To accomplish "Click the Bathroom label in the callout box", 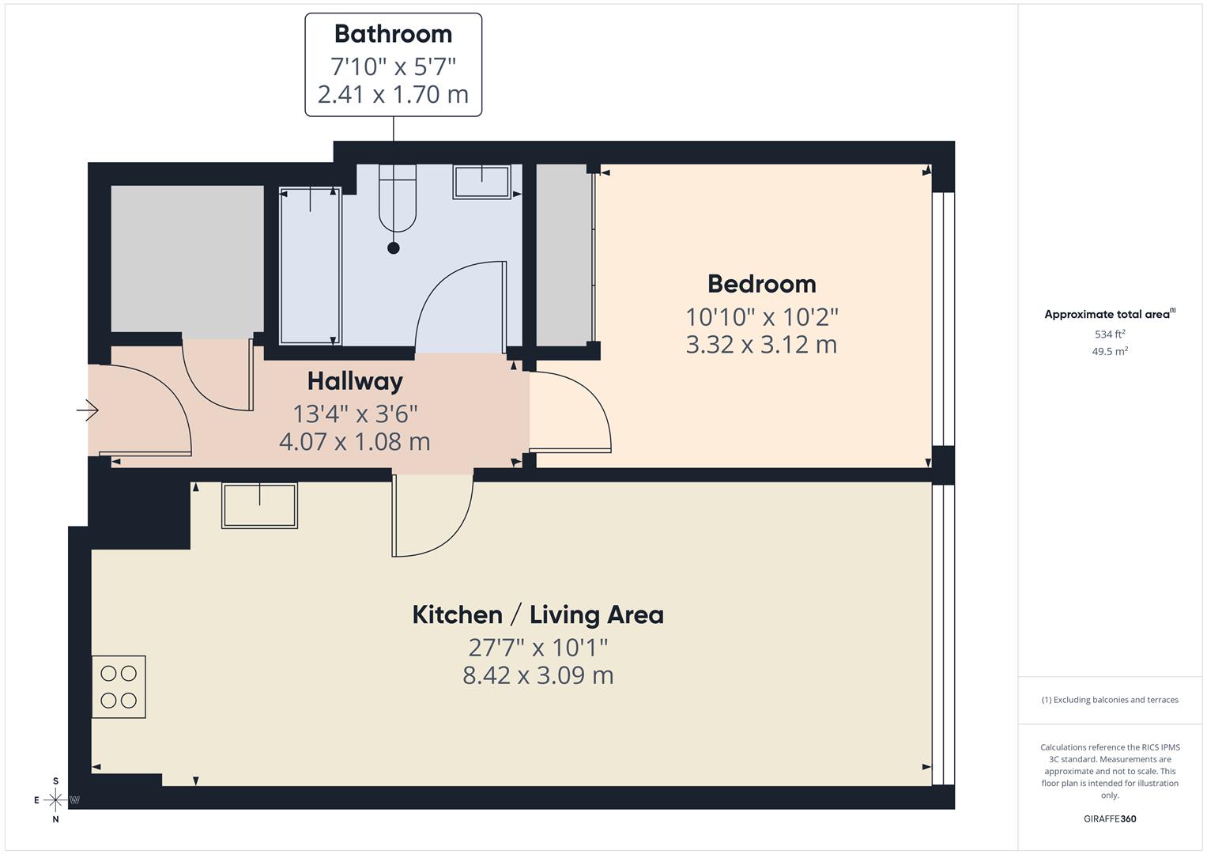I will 393,34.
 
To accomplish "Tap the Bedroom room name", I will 761,284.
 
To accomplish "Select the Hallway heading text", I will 355,381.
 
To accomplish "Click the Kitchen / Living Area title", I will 537,614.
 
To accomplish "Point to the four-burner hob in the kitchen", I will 119,686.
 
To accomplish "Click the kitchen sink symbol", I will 260,505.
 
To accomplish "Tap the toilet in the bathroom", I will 397,198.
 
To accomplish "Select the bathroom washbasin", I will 481,181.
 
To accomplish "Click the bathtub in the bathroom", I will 311,266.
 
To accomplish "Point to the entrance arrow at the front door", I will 87,410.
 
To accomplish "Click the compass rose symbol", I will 55,800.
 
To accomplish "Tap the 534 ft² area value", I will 1110,334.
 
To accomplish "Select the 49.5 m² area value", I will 1110,352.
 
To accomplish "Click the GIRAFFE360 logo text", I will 1110,818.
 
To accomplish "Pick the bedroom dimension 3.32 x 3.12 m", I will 761,345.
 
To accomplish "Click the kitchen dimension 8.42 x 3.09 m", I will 537,675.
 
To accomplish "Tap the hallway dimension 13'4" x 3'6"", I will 355,414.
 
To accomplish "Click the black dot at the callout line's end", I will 394,248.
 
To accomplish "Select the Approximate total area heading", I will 1110,315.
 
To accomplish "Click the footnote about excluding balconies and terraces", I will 1110,700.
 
